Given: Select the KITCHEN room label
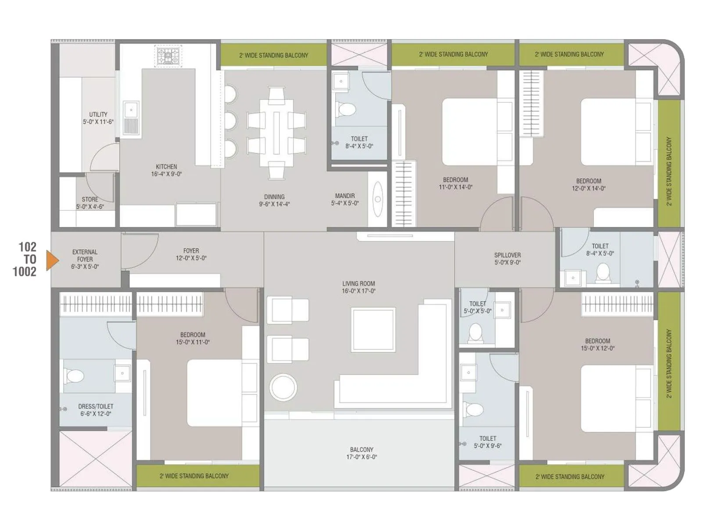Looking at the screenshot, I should coord(166,170).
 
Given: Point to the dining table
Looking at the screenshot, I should coord(276,133).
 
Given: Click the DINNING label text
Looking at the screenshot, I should coord(274,200).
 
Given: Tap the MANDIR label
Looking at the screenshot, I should coord(345,199).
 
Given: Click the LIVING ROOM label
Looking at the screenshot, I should coord(358,287).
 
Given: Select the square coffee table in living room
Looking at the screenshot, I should coord(373,329).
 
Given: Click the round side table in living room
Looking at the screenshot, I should coord(283,387).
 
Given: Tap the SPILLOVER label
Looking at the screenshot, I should coord(508,259).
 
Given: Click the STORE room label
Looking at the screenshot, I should coord(90,202).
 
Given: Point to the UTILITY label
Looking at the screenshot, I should coord(98,118).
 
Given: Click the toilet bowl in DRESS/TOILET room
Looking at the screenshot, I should coord(75,376).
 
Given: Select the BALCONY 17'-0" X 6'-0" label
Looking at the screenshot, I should coord(362,453).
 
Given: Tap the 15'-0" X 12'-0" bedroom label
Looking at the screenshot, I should coord(597,344).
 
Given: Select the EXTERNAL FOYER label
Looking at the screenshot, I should coord(85,259).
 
